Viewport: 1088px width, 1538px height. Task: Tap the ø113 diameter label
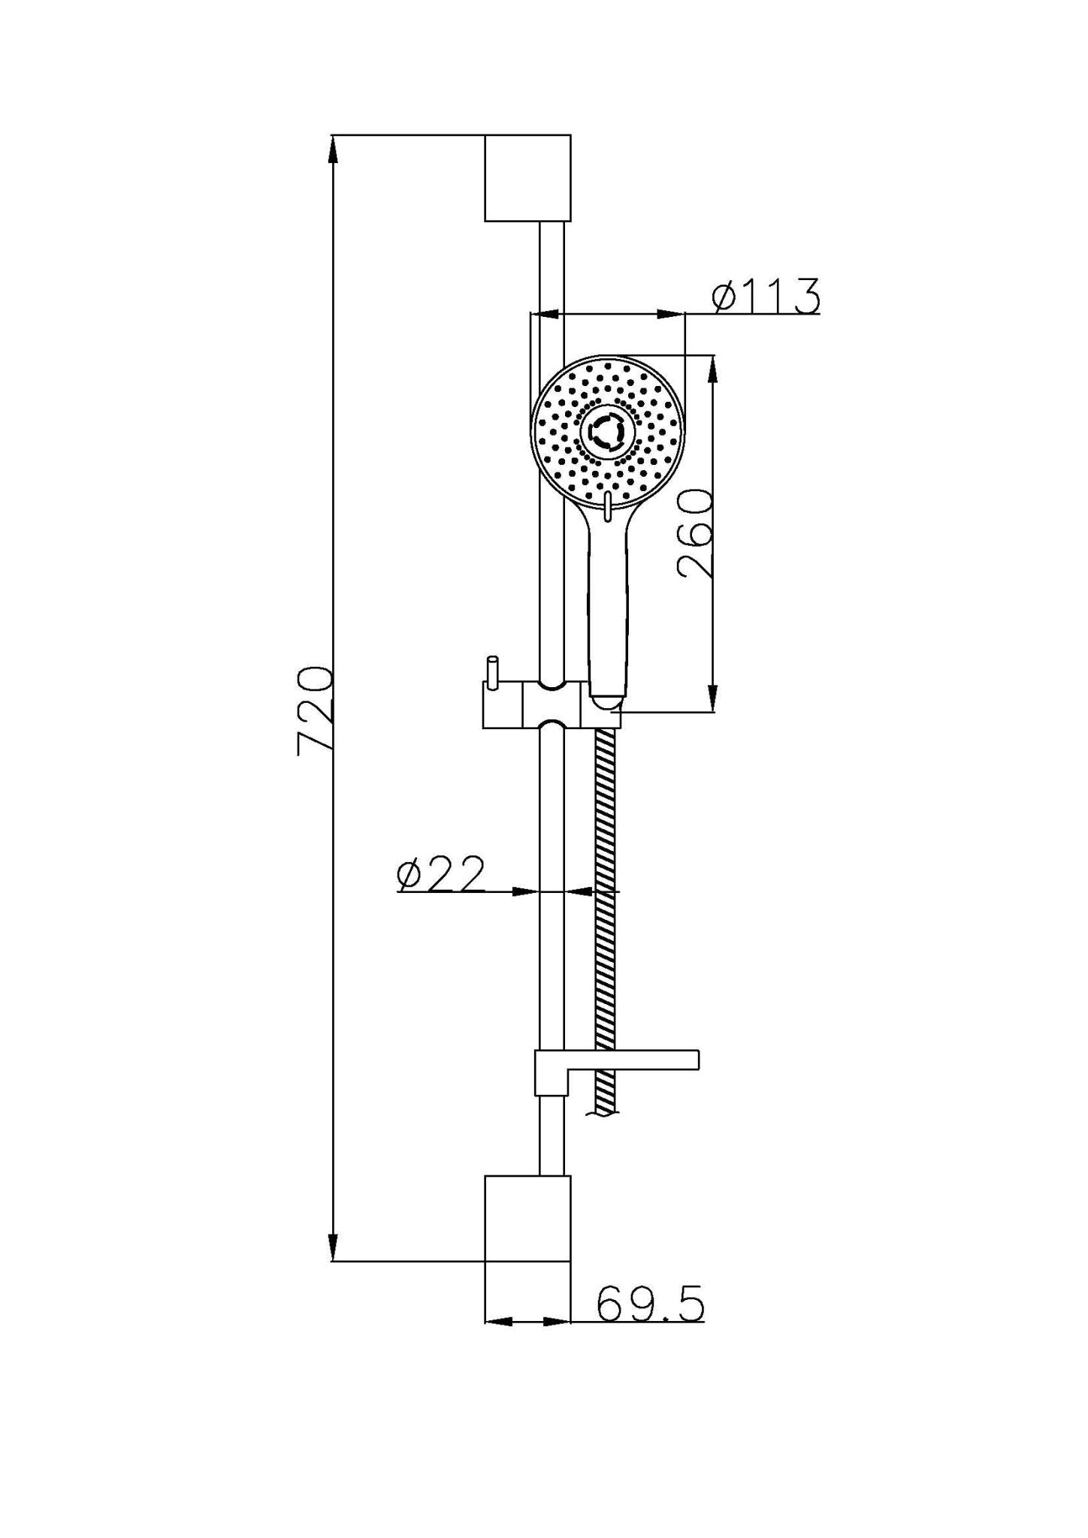click(766, 295)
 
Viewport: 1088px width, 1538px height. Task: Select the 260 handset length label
click(694, 533)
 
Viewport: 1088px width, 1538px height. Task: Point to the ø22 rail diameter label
click(441, 873)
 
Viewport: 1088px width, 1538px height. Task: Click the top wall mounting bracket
click(527, 178)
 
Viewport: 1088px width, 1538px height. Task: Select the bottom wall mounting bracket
click(527, 1217)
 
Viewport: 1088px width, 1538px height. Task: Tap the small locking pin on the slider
click(492, 670)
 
